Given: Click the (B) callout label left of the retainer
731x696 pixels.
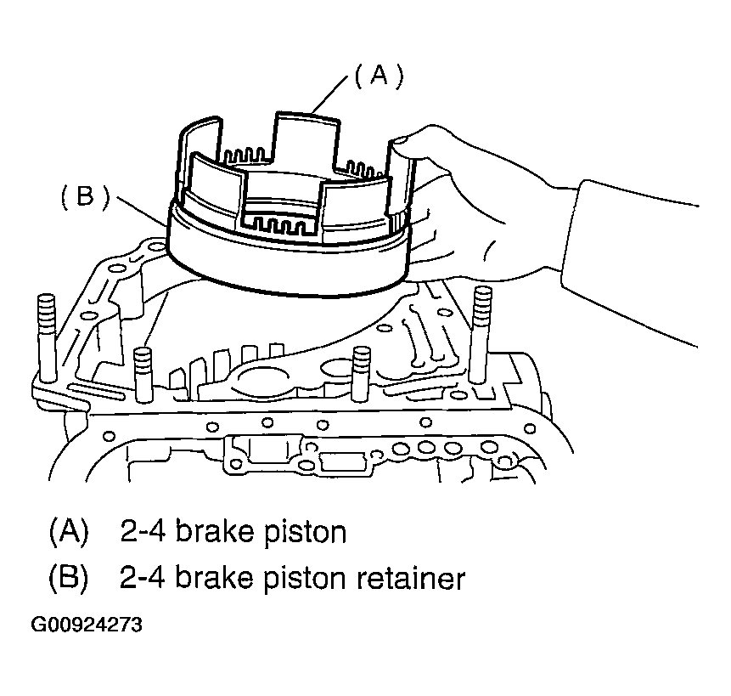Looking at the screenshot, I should pos(85,197).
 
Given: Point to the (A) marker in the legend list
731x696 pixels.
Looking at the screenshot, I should pos(68,533).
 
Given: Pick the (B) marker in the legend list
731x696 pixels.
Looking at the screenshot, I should pos(68,580).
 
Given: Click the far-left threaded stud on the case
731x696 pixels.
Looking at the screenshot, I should pos(45,331).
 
